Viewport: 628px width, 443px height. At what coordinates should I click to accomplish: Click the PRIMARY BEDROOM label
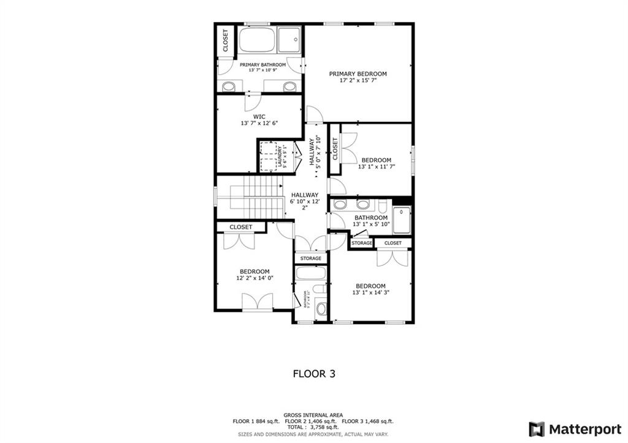[x=358, y=74]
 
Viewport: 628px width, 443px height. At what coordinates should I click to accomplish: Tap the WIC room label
[x=259, y=116]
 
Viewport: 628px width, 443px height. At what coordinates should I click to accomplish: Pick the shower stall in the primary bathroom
[x=290, y=40]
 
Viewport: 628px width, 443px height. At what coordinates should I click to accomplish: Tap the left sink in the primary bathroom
[x=228, y=86]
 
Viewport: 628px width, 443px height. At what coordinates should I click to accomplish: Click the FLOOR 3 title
[x=313, y=373]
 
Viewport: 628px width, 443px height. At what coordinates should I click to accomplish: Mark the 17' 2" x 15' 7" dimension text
[x=358, y=81]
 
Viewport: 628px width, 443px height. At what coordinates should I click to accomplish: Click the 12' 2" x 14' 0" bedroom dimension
[x=255, y=278]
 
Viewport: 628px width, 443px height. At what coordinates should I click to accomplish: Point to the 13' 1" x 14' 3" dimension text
[x=371, y=293]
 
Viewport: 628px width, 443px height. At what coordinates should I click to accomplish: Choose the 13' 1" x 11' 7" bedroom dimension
[x=377, y=166]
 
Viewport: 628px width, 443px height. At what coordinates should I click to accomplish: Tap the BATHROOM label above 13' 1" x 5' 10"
[x=371, y=218]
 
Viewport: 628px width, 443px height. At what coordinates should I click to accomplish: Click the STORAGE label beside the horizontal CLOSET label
[x=362, y=243]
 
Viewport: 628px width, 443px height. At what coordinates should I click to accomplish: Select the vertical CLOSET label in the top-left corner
[x=225, y=40]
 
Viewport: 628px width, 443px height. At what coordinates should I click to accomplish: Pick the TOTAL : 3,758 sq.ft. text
[x=313, y=428]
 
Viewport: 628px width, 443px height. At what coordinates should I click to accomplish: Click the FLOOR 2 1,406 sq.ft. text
[x=313, y=422]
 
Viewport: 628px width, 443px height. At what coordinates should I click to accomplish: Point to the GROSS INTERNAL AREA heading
[x=313, y=415]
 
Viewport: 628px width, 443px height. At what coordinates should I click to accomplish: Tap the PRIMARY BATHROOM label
[x=262, y=64]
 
